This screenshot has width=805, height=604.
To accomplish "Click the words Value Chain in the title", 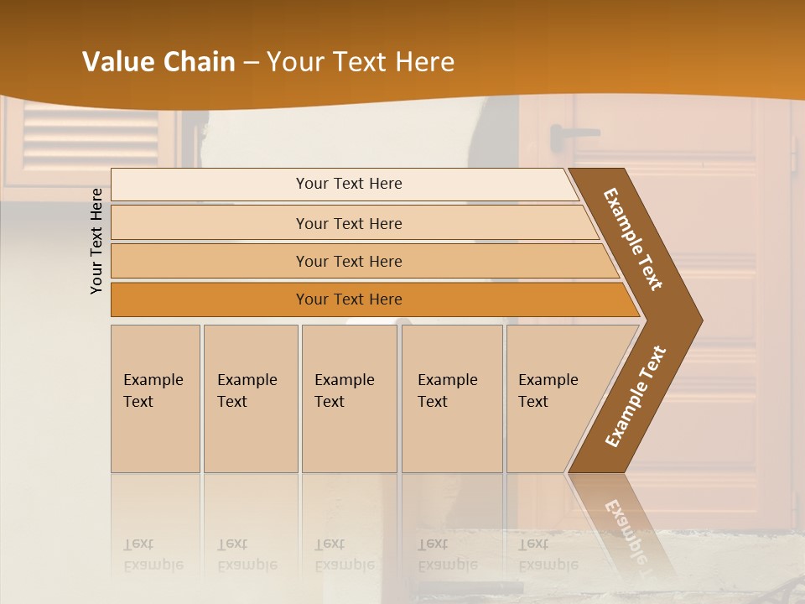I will point(158,62).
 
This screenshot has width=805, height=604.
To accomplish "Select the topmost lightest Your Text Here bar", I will point(348,184).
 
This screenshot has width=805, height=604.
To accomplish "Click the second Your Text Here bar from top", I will point(348,223).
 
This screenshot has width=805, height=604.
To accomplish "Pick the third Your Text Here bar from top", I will point(348,261).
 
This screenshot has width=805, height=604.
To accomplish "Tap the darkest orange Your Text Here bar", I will point(348,299).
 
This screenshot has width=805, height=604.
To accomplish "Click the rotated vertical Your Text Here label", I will point(96,241).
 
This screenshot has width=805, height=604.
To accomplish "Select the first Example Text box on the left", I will point(155,398).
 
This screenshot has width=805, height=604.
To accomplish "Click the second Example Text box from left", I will point(251,398).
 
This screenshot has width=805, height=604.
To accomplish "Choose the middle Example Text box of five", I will point(349,398).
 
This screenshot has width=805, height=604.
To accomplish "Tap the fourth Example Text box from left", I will point(452,398).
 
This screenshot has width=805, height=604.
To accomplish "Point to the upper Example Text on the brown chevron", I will point(633,239).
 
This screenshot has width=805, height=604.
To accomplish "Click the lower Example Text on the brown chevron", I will point(635,397).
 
